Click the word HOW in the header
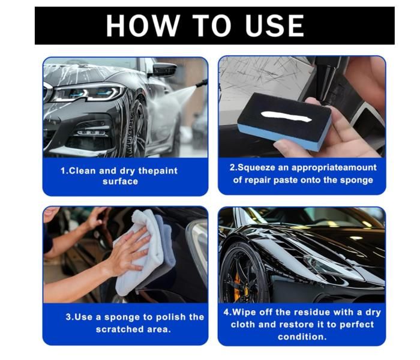tap(143, 25)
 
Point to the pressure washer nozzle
tap(202, 83)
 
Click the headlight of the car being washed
tap(88, 93)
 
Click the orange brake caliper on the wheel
tap(238, 287)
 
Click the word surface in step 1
tap(120, 181)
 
